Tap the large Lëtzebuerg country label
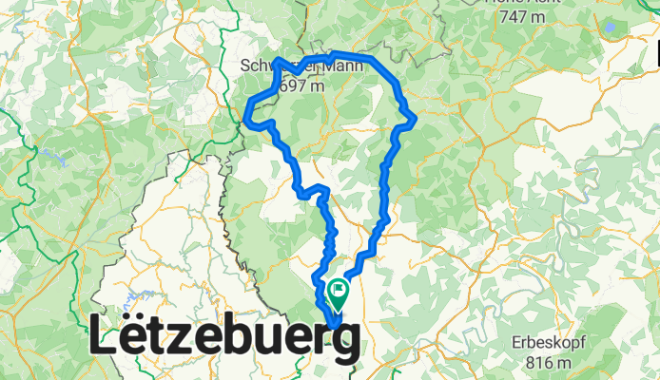pos(225,338)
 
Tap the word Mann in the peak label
pos(305,67)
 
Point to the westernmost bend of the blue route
pos(247,119)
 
